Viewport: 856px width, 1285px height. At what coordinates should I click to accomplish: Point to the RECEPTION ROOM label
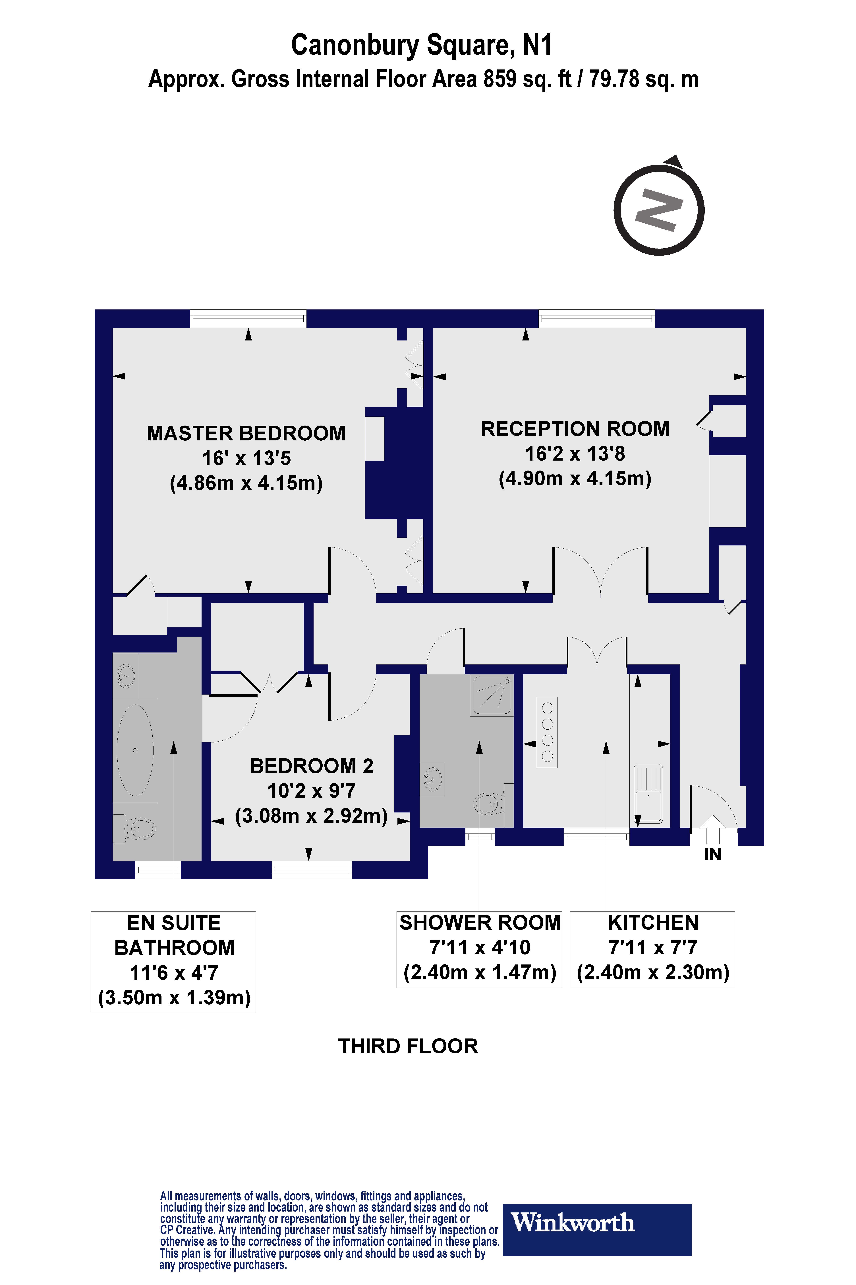coord(575,429)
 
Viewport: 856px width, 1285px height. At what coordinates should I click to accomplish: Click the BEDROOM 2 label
coord(311,766)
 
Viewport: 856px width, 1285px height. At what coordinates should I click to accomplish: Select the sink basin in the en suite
coord(126,676)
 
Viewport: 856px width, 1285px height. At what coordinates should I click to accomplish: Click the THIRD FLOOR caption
coord(408,1046)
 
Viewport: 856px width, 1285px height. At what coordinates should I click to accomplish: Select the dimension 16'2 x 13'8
coord(575,453)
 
